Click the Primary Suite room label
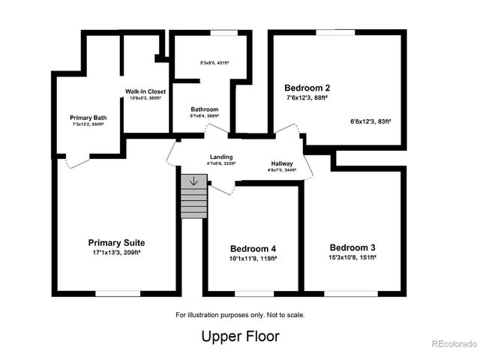116,243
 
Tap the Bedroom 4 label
253,248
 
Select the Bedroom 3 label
352,247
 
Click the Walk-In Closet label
145,91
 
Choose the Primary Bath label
88,118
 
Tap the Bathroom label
204,109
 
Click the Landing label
220,157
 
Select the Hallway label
282,163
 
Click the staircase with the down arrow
194,197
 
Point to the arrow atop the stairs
194,181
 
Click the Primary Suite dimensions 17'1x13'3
116,253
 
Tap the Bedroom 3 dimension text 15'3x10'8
352,257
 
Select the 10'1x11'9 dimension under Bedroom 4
253,258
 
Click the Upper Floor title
240,337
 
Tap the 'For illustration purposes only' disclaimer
240,315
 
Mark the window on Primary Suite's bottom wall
117,292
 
